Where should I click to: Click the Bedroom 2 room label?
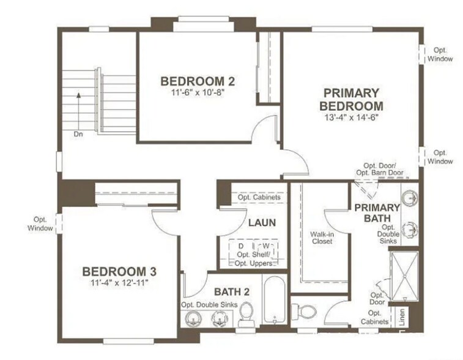pyautogui.click(x=198, y=81)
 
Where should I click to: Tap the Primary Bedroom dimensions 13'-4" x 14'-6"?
pyautogui.click(x=351, y=117)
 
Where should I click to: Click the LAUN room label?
pyautogui.click(x=262, y=223)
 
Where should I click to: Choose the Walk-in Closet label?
pyautogui.click(x=321, y=237)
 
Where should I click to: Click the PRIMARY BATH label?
pyautogui.click(x=377, y=212)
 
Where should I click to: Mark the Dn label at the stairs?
pyautogui.click(x=78, y=133)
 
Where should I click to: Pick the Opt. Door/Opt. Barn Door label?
pyautogui.click(x=380, y=169)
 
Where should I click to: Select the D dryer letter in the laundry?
pyautogui.click(x=242, y=246)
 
